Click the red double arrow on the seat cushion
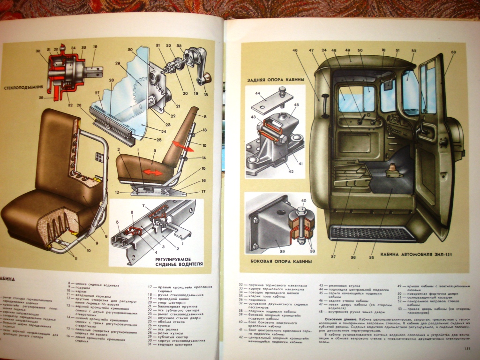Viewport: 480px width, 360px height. (x=153, y=172)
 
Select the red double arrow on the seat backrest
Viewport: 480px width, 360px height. (x=182, y=146)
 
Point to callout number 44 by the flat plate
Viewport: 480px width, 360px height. (x=257, y=94)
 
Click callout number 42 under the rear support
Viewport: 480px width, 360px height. (x=291, y=172)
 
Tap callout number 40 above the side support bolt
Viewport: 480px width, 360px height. (x=303, y=201)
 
